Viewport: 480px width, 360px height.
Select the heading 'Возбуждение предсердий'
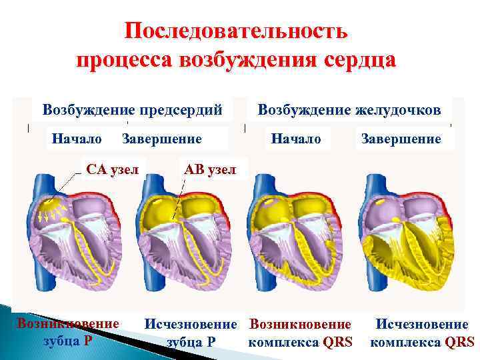point(132,109)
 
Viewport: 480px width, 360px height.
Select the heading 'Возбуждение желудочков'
point(349,109)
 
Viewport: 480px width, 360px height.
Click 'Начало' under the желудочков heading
point(296,139)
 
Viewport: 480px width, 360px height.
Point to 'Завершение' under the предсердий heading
point(161,139)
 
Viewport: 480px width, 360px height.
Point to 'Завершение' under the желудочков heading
point(401,139)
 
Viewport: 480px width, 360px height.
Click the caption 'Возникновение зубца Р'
point(68,332)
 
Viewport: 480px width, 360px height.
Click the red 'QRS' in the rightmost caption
point(459,342)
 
